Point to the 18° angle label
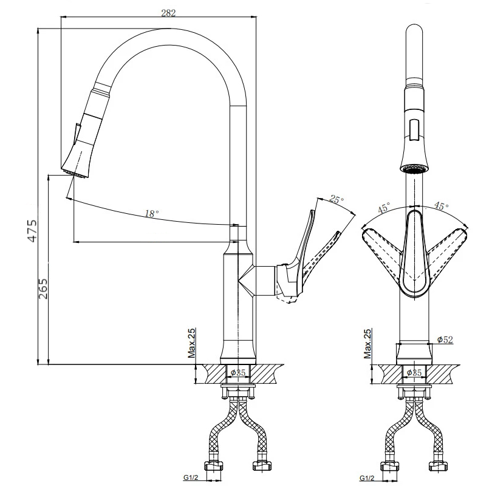pos(152,214)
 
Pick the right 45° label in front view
pos(441,206)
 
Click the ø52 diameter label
pos(445,340)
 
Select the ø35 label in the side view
pos(238,373)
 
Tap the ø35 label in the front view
pos(414,373)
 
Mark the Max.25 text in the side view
pos(191,343)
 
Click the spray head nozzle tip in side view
pos(75,174)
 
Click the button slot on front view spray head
pos(415,130)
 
